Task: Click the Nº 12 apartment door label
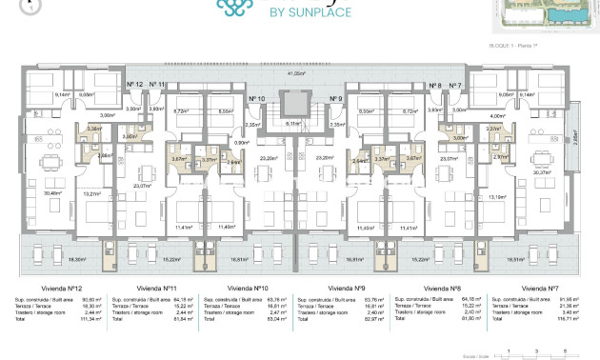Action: pyautogui.click(x=134, y=85)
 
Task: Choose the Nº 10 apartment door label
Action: pyautogui.click(x=256, y=99)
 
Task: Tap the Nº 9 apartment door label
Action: pyautogui.click(x=335, y=99)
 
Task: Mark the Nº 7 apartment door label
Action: pyautogui.click(x=455, y=86)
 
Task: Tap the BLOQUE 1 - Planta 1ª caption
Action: pyautogui.click(x=513, y=45)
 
